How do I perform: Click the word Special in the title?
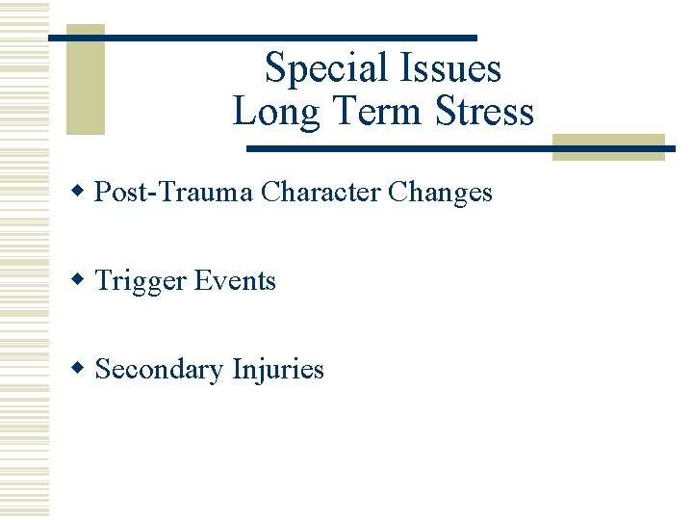(321, 69)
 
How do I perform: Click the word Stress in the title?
(484, 112)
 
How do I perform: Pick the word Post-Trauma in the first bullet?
(174, 193)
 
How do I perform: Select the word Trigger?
(141, 282)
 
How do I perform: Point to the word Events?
(235, 281)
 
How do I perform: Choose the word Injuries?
(278, 370)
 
